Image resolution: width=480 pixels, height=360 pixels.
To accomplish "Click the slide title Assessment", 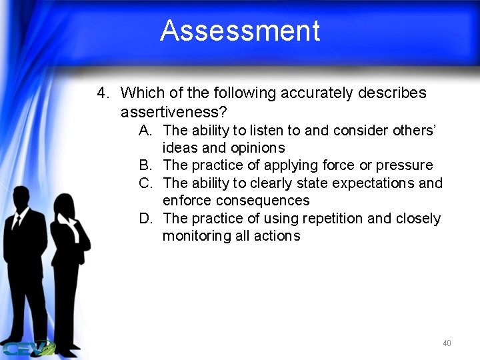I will [x=240, y=31].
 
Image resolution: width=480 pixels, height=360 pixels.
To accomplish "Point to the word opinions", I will [x=257, y=148].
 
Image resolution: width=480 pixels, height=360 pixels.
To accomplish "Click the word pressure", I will [x=405, y=165].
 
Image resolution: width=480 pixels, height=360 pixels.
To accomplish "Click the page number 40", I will [x=446, y=343].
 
